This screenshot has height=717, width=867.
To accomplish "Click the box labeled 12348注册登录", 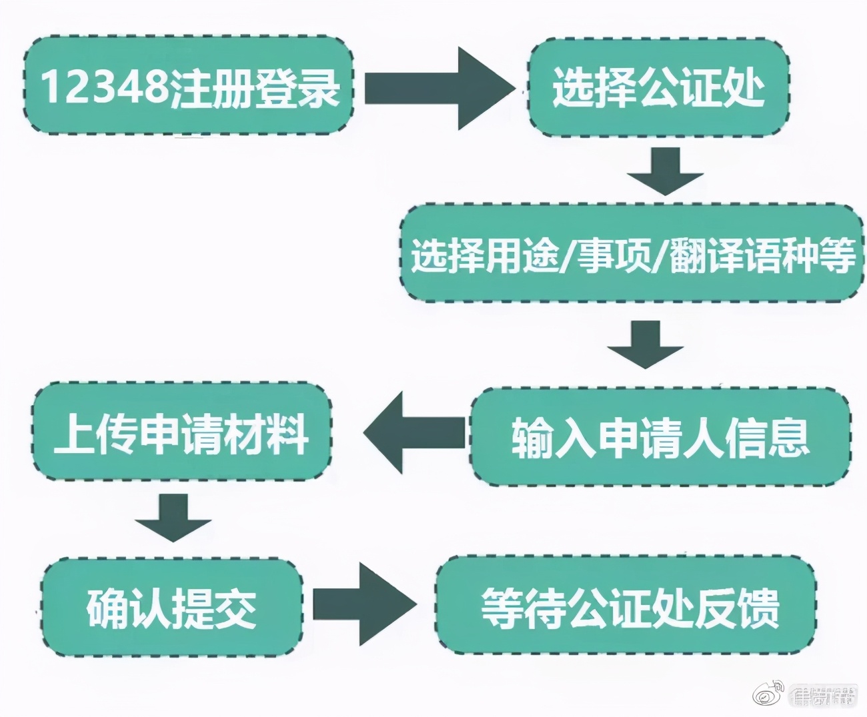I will [189, 85].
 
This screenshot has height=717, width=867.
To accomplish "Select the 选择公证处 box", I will [658, 87].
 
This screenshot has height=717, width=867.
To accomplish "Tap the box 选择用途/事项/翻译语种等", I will [632, 254].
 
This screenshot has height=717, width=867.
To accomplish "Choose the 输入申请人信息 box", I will [660, 436].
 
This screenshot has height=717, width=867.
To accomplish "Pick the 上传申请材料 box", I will [181, 432].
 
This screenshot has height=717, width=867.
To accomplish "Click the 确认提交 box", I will [171, 607].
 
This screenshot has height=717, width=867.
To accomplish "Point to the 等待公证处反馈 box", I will [627, 606].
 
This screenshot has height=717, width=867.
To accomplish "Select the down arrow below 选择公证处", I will [665, 170].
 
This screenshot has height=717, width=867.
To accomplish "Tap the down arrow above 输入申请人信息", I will [645, 344].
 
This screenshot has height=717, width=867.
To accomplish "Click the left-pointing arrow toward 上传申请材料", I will [415, 432].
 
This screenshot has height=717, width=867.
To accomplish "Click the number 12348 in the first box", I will [103, 87].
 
